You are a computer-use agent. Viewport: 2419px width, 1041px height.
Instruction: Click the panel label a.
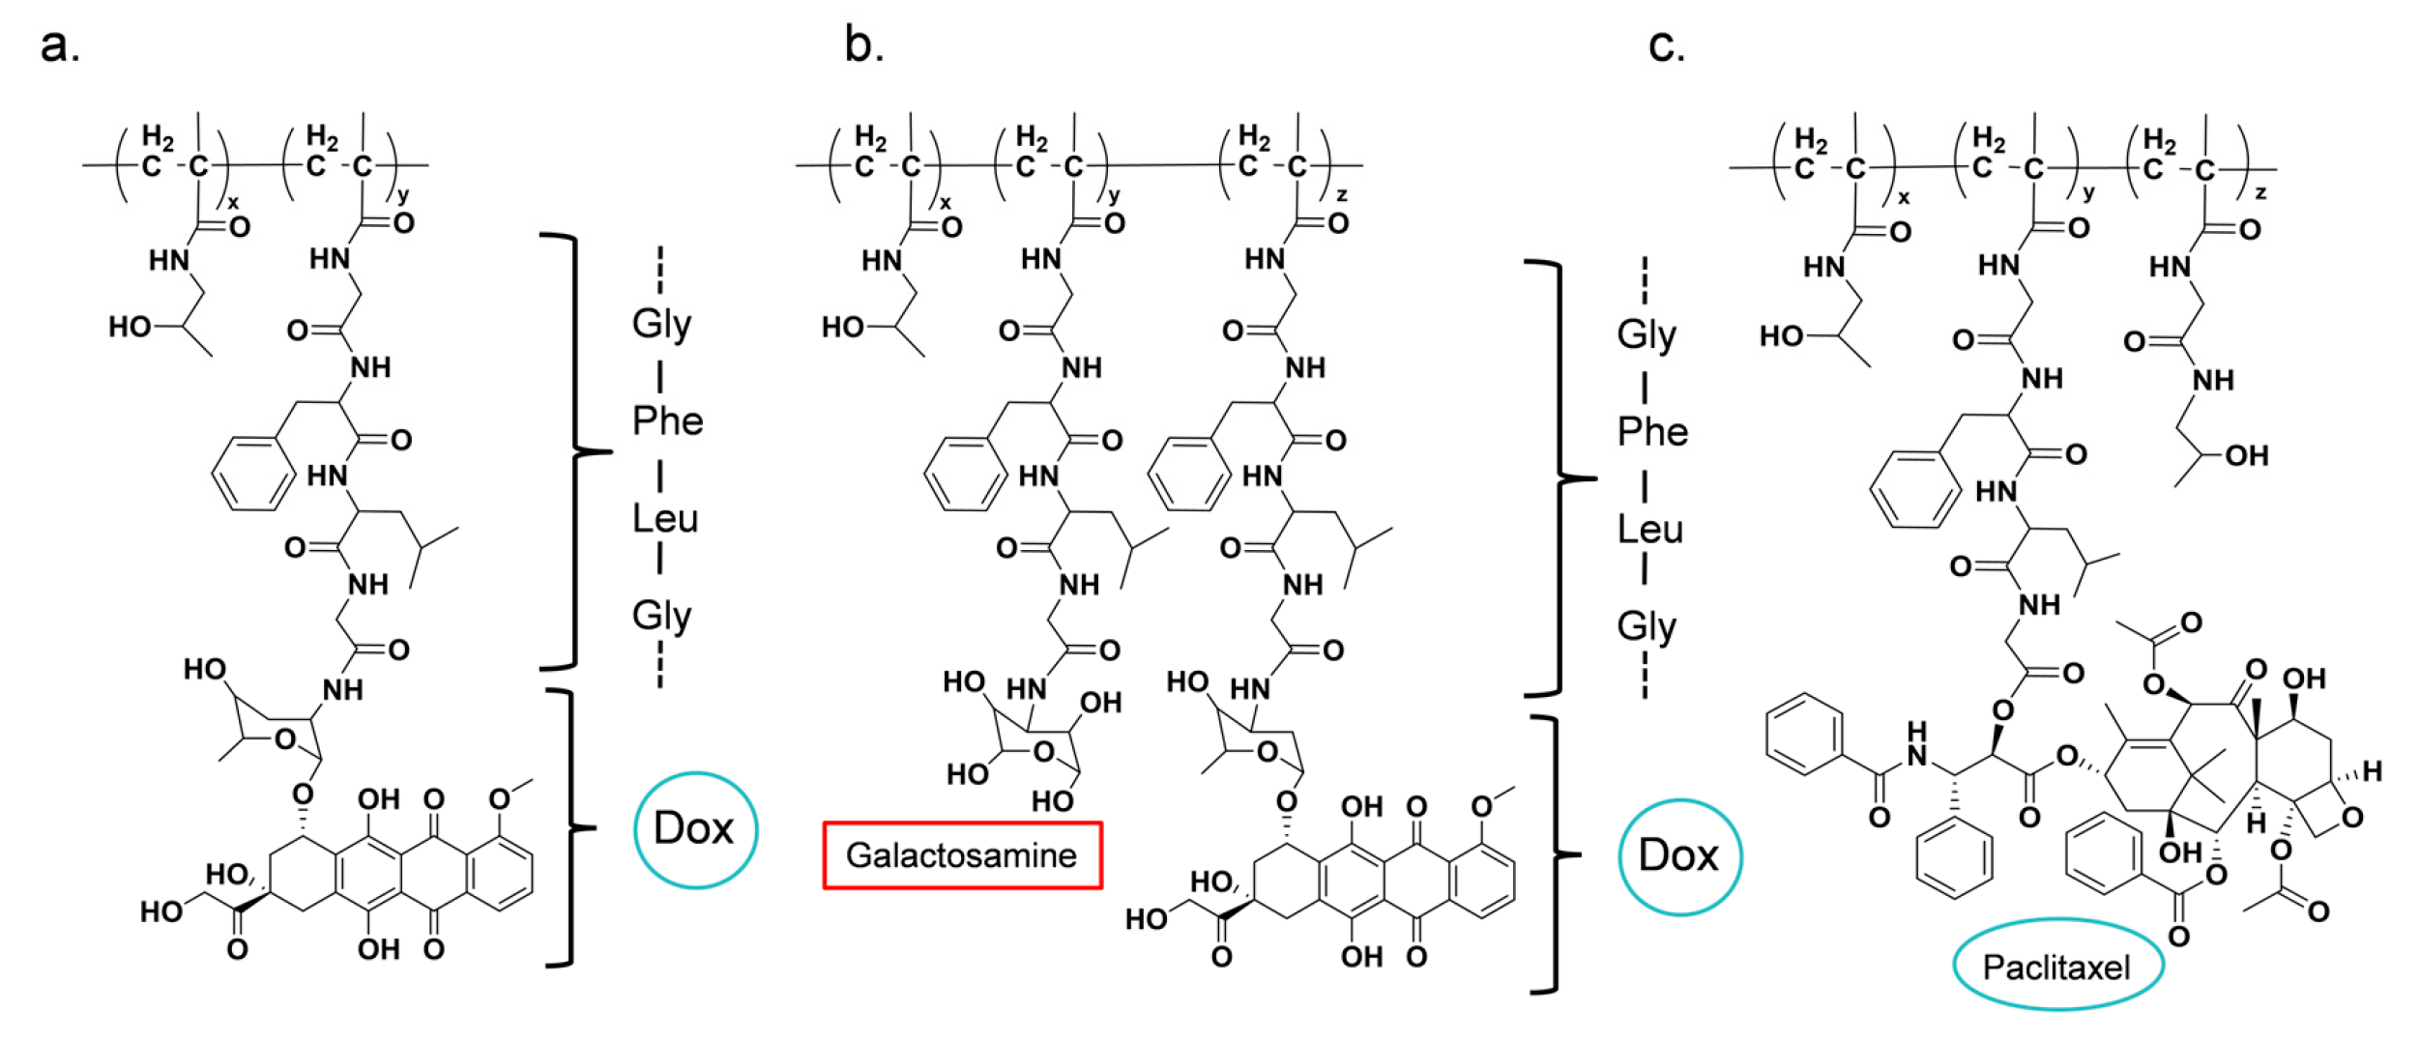pyautogui.click(x=60, y=45)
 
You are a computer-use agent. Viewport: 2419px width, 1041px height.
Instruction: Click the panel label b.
pyautogui.click(x=863, y=45)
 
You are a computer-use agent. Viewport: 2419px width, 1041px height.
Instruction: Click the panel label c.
pyautogui.click(x=1666, y=45)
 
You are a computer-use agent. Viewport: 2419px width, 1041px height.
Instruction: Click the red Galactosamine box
pyautogui.click(x=962, y=854)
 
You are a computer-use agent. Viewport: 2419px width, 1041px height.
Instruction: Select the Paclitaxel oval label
pyautogui.click(x=2056, y=967)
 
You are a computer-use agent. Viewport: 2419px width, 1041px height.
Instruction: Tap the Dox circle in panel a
pyautogui.click(x=695, y=829)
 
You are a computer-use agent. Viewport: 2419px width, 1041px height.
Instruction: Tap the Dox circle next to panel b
pyautogui.click(x=1679, y=856)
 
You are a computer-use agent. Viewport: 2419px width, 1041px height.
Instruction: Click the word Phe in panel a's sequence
pyautogui.click(x=667, y=421)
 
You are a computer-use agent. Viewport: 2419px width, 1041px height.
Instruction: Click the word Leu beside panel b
pyautogui.click(x=1650, y=530)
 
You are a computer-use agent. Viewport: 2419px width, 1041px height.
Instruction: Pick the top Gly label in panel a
pyautogui.click(x=661, y=323)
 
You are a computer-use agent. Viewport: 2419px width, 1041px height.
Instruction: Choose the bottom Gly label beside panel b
pyautogui.click(x=1647, y=626)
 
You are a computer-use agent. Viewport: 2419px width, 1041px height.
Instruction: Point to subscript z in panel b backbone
pyautogui.click(x=1342, y=195)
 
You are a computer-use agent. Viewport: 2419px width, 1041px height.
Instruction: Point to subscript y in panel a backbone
pyautogui.click(x=403, y=195)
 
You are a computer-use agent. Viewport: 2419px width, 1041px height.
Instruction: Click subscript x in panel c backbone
pyautogui.click(x=1904, y=197)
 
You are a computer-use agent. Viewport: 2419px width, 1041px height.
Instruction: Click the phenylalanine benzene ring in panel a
pyautogui.click(x=253, y=474)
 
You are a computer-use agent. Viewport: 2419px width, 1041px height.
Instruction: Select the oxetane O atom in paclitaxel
pyautogui.click(x=2353, y=818)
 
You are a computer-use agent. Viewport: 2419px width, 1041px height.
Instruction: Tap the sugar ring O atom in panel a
pyautogui.click(x=284, y=739)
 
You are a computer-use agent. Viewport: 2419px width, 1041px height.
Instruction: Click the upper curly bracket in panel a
pyautogui.click(x=578, y=451)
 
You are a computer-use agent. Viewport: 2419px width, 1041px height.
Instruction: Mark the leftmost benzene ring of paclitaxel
pyautogui.click(x=1804, y=735)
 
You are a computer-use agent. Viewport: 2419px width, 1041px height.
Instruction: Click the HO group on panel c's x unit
pyautogui.click(x=1781, y=336)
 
